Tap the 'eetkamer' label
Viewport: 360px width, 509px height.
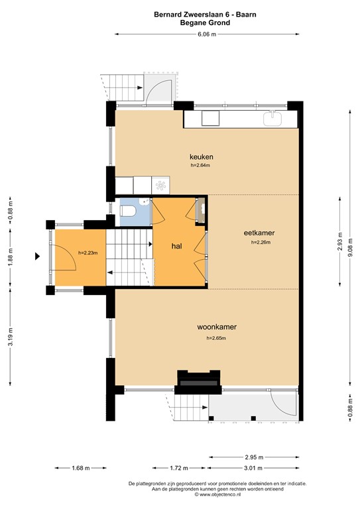coord(259,233)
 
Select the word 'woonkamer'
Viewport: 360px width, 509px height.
coord(217,327)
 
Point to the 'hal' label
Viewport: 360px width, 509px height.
coord(176,246)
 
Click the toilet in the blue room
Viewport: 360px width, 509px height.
coord(130,211)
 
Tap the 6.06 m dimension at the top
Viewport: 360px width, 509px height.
coord(206,34)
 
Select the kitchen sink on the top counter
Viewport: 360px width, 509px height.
coord(273,119)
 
